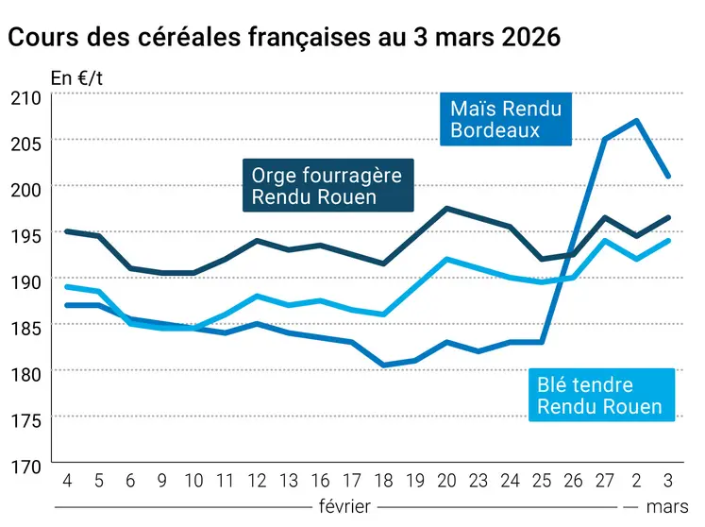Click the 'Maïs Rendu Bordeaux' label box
[506, 119]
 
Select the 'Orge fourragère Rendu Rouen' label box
[327, 186]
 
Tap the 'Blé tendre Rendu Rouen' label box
[598, 397]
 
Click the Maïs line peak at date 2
[637, 121]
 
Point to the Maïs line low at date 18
[383, 365]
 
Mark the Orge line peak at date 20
[446, 209]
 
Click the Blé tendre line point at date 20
[446, 259]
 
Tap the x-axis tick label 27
[605, 480]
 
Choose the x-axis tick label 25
[542, 480]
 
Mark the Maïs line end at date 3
[668, 177]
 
